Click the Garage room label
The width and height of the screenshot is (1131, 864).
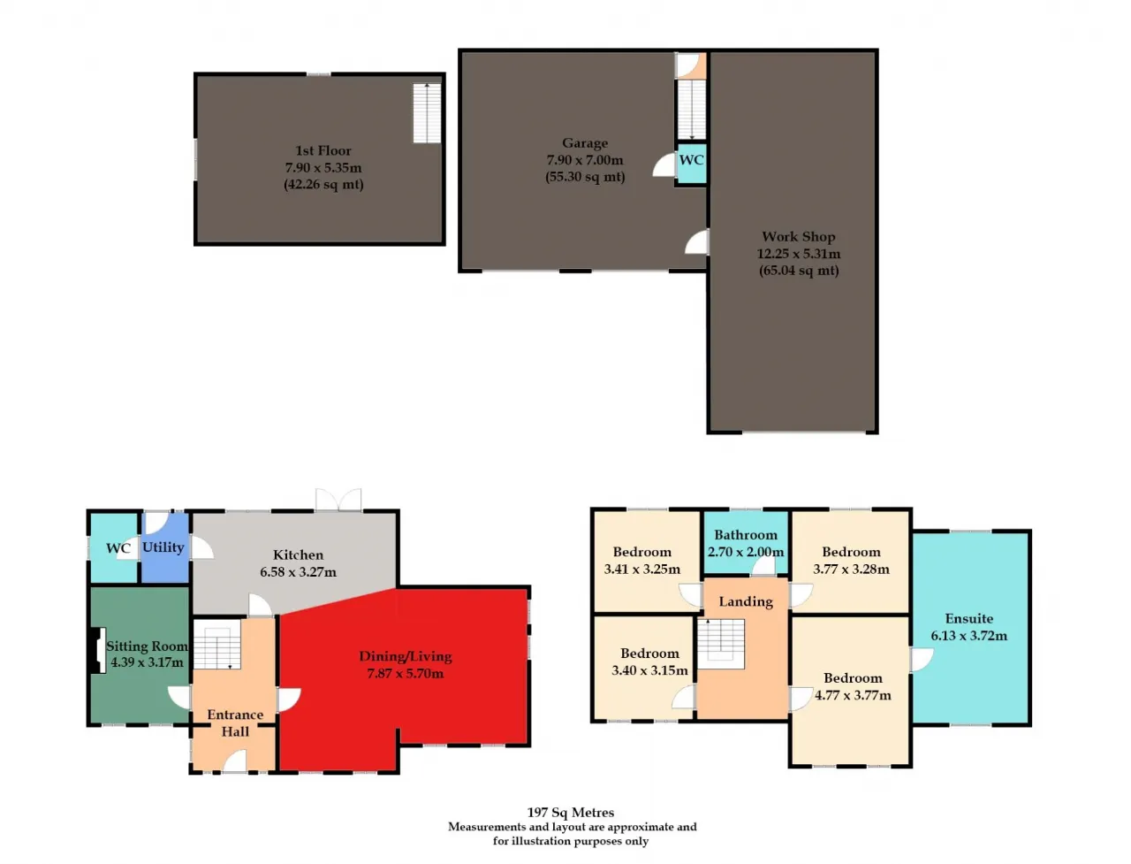tap(584, 142)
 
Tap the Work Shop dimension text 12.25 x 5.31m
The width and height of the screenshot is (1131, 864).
tap(798, 254)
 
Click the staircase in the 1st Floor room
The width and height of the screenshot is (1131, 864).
tap(427, 113)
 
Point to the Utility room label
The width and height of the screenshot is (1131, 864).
tap(163, 547)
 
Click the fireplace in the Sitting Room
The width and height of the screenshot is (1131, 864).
tap(98, 649)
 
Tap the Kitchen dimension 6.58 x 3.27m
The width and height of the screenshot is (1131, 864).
tap(298, 571)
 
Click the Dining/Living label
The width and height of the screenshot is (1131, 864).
tap(405, 656)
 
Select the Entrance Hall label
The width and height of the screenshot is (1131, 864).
tap(235, 723)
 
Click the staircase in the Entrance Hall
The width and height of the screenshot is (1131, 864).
tap(217, 645)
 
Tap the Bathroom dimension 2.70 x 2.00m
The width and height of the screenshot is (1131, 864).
tap(745, 552)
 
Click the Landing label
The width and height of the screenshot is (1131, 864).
tap(746, 601)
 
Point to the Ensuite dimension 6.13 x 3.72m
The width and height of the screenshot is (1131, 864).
tap(968, 636)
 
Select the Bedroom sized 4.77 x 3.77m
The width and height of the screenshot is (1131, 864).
tap(850, 691)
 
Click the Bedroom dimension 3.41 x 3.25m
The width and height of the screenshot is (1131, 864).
tap(642, 570)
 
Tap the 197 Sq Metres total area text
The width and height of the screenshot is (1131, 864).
tap(571, 813)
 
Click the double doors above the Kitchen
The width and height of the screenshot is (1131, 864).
tap(338, 499)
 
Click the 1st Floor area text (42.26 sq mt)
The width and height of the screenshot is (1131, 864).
tap(323, 185)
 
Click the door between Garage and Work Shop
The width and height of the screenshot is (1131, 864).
tap(696, 241)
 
